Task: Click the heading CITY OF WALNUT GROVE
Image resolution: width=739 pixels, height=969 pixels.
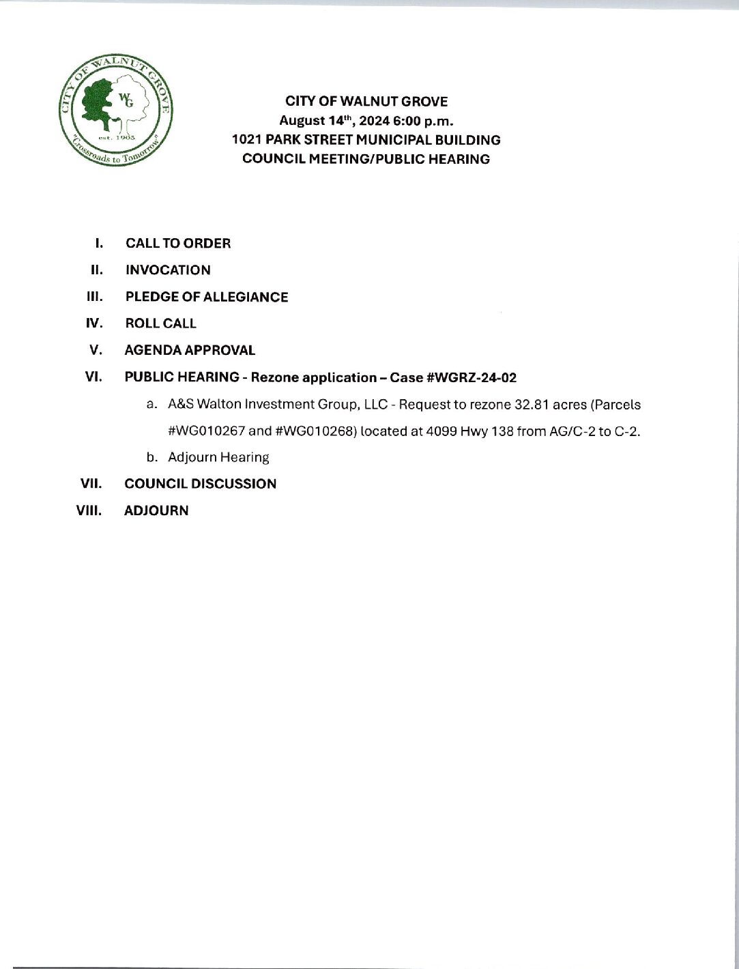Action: (x=366, y=102)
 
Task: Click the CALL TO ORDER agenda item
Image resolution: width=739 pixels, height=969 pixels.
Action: (x=178, y=243)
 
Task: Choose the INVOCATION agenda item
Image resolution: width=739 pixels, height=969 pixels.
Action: (x=168, y=270)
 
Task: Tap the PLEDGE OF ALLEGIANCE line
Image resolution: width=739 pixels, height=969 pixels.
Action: (x=207, y=297)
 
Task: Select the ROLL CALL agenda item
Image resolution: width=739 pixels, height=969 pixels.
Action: (x=160, y=323)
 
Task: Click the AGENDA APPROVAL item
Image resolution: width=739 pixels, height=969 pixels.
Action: (x=190, y=350)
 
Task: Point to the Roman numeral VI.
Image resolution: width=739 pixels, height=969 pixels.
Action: (x=93, y=377)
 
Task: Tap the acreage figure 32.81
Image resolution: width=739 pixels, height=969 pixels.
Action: (x=532, y=405)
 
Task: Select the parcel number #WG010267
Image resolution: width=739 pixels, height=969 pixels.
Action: (x=206, y=431)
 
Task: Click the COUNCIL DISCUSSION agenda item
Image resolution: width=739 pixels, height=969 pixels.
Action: (x=200, y=484)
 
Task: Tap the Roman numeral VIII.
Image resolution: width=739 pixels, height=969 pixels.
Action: (x=89, y=510)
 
